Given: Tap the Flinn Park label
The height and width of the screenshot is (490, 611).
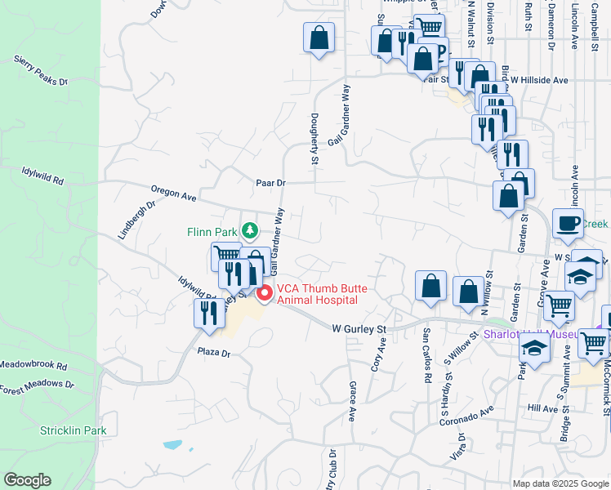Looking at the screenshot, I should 211,232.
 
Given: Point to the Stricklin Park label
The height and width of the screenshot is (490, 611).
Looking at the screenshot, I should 74,430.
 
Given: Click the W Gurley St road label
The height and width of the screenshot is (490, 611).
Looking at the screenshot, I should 359,328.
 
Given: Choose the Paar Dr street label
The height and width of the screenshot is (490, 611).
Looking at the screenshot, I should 270,184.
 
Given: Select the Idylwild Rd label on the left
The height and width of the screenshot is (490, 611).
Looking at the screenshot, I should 42,176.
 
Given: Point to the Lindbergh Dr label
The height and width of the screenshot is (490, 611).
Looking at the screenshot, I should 136,220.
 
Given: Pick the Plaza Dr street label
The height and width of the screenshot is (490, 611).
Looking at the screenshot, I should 215,354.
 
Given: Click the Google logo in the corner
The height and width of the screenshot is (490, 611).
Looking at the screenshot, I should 28,480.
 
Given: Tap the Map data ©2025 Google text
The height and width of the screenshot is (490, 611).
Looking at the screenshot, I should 560,483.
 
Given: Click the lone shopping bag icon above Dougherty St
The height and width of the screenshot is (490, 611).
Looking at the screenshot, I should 319,38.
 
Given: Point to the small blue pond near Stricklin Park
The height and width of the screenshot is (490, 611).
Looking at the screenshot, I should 172,446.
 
